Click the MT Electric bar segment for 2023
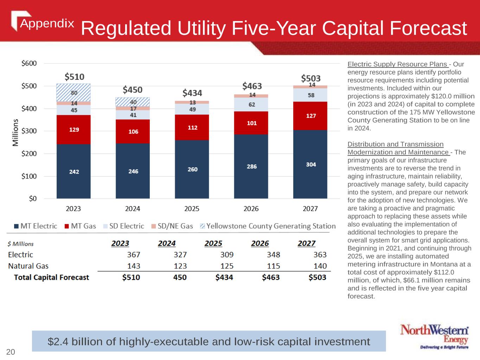pyautogui.click(x=73, y=171)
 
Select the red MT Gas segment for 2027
pyautogui.click(x=310, y=116)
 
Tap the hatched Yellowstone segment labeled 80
pyautogui.click(x=73, y=93)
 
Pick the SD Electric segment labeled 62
pyautogui.click(x=251, y=104)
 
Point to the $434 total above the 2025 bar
pyautogui.click(x=192, y=93)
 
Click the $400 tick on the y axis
pyautogui.click(x=29, y=109)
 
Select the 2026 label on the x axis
pyautogui.click(x=251, y=209)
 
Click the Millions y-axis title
pyautogui.click(x=15, y=132)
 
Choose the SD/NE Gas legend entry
pyautogui.click(x=172, y=226)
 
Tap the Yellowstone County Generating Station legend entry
pyautogui.click(x=268, y=226)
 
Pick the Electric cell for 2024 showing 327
pyautogui.click(x=180, y=255)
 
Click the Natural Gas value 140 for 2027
pyautogui.click(x=320, y=266)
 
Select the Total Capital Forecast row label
pyautogui.click(x=51, y=277)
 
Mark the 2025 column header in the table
pyautogui.click(x=213, y=243)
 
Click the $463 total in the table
pyautogui.click(x=270, y=277)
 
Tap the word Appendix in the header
pyautogui.click(x=47, y=24)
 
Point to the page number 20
pyautogui.click(x=11, y=352)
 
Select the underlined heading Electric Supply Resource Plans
pyautogui.click(x=397, y=64)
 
